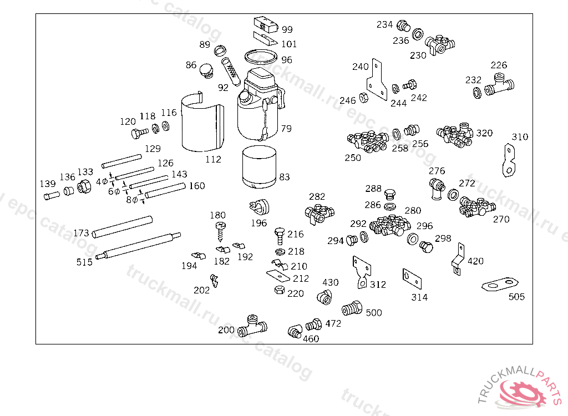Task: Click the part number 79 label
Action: point(286,129)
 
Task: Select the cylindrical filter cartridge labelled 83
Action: point(260,167)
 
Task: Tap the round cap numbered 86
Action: point(207,71)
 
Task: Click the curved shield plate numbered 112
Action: point(202,122)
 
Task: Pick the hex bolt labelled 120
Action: point(140,133)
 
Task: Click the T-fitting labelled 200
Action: point(252,326)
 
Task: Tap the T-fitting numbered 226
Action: point(499,84)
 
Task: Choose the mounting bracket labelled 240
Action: point(377,80)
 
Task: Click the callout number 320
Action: point(484,133)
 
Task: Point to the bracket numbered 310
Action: point(509,160)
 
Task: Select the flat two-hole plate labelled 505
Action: point(500,284)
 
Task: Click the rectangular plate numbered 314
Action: point(412,279)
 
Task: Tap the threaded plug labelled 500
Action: point(352,308)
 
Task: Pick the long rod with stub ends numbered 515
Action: point(138,246)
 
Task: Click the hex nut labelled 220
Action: point(280,290)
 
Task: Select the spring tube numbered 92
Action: point(231,72)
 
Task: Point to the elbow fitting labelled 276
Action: point(437,189)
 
